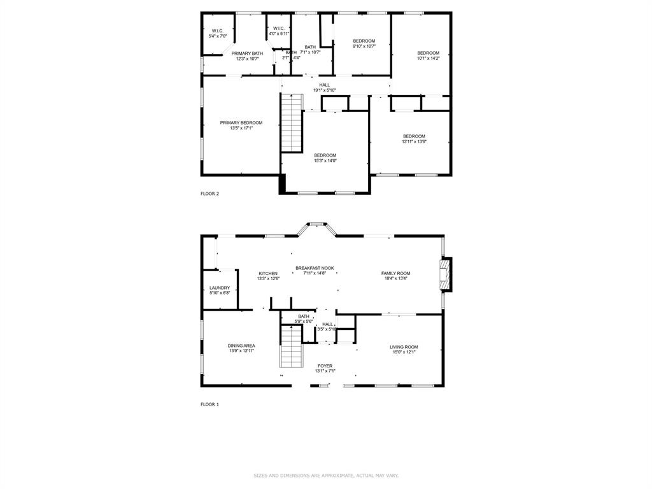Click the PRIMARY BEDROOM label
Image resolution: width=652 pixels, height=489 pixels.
coord(241,123)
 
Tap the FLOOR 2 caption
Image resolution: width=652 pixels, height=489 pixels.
coord(209,194)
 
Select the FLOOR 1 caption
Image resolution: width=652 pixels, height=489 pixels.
coord(209,404)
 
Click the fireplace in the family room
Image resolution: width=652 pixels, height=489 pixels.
coord(447,274)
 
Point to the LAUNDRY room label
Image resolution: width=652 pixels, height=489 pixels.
coord(220,288)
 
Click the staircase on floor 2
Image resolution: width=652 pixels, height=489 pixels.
coord(292,123)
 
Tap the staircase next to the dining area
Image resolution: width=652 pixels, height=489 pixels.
coord(290,346)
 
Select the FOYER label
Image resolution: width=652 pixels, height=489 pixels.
coord(325,366)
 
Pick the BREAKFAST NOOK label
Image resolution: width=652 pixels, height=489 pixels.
coord(315,268)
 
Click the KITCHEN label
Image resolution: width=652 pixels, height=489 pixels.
coord(268,273)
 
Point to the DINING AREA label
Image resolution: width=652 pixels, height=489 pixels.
coord(241,346)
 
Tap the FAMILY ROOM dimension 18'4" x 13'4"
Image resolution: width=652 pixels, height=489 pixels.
coord(396,278)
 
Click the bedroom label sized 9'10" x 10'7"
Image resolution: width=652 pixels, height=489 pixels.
coord(364,41)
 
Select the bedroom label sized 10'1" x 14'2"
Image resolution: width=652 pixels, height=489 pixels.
coord(428,53)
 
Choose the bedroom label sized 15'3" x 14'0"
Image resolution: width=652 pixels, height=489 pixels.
coord(325,155)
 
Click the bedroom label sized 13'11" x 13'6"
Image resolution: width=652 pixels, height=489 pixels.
coord(414,136)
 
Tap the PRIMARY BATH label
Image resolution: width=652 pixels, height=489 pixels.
coord(247,53)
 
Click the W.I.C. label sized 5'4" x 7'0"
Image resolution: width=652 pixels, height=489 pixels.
coord(218,31)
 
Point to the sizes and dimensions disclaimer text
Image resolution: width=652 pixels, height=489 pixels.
coord(326,475)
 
